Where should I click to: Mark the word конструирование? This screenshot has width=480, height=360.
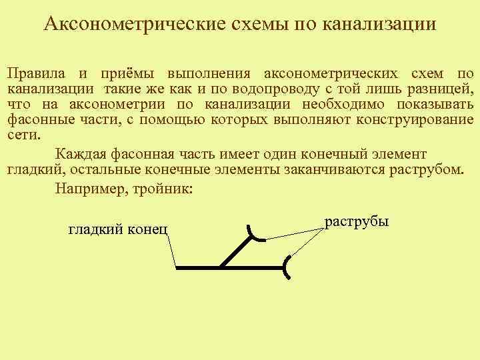coord(415,120)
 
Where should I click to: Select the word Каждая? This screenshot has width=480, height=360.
coord(80,153)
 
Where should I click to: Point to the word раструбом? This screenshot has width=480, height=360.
coord(420,169)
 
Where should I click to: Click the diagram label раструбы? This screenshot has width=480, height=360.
coord(356,221)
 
